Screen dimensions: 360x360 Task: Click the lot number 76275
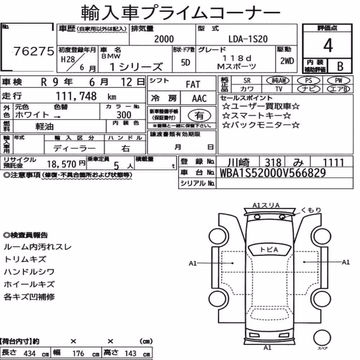tap(34, 51)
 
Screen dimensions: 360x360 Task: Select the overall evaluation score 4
tap(328, 45)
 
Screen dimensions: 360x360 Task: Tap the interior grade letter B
tap(340, 66)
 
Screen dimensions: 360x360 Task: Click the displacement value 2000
tap(164, 39)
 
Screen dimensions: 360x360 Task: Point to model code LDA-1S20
tap(248, 39)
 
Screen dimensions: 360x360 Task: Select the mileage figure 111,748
tap(76, 96)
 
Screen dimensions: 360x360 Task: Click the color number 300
tap(124, 115)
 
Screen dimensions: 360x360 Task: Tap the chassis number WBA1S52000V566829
tap(273, 173)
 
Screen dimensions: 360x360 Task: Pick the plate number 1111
tap(333, 162)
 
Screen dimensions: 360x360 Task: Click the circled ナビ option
tap(309, 89)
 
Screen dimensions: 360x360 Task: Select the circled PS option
tap(309, 80)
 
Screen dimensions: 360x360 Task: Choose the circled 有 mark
tap(199, 116)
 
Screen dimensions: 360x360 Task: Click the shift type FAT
tap(193, 84)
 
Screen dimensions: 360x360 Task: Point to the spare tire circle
tap(322, 338)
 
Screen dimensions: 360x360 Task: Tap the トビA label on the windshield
tap(269, 249)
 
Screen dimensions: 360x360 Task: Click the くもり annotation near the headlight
tap(311, 210)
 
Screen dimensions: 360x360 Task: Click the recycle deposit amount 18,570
tap(62, 164)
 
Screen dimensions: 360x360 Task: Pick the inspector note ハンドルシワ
tap(29, 272)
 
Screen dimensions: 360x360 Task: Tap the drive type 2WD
tap(287, 61)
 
